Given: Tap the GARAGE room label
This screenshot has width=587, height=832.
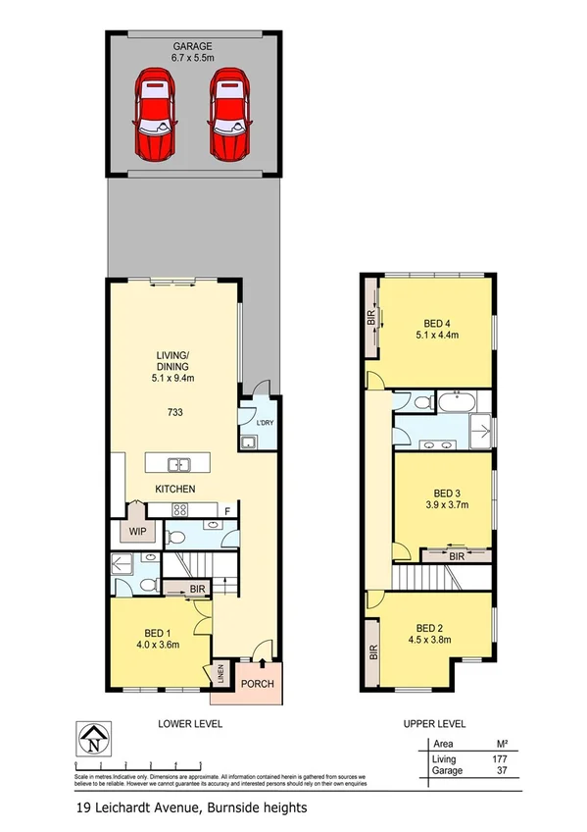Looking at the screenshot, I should click(193, 46).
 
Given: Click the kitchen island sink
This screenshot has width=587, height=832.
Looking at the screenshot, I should click(178, 464).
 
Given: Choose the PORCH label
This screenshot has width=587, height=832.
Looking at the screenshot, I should click(259, 685).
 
